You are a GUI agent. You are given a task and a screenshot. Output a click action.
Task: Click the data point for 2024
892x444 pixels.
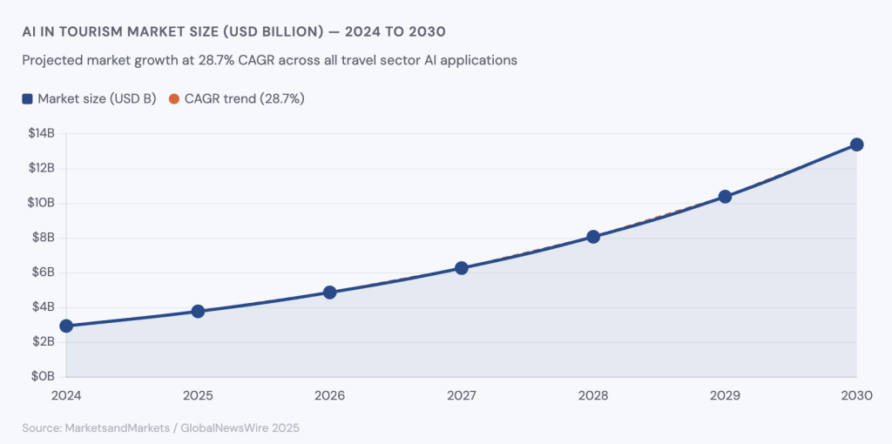point(66,326)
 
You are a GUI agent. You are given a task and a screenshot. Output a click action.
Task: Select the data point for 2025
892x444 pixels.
point(198,311)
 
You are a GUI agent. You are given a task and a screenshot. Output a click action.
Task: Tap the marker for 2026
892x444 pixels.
point(329,293)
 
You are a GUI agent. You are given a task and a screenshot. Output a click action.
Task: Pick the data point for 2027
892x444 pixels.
point(462,268)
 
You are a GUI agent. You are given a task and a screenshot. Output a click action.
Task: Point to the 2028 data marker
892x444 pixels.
point(593,237)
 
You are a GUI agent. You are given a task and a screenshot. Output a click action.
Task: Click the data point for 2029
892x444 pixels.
point(725,197)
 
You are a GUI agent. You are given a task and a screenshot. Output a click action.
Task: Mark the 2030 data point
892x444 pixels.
point(856,145)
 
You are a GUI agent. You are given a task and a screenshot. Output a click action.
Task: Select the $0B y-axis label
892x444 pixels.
point(42,377)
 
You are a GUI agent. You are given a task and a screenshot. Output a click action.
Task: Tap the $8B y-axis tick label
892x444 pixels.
point(42,238)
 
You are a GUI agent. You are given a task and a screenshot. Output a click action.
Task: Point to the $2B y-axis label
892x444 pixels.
point(42,342)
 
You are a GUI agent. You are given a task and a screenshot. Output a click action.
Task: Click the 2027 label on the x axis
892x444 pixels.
point(462,395)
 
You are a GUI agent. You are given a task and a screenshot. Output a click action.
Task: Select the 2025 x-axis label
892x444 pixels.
point(198,395)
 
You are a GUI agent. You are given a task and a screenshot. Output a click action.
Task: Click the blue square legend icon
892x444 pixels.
point(27,99)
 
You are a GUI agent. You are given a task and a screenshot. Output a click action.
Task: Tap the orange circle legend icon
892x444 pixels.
point(173,99)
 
